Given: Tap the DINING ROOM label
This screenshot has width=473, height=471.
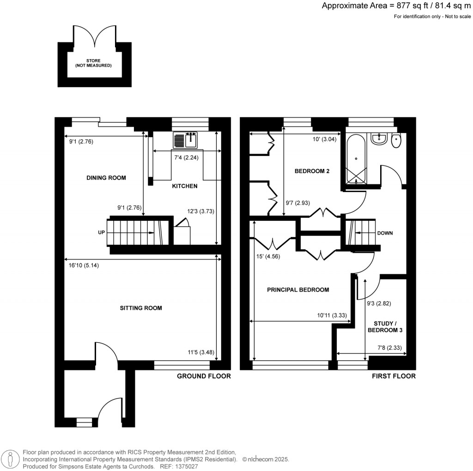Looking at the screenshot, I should pyautogui.click(x=106, y=178).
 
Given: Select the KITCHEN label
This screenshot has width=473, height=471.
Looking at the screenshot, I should pyautogui.click(x=185, y=186).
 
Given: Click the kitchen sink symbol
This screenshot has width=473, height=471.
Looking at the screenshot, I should pyautogui.click(x=186, y=140).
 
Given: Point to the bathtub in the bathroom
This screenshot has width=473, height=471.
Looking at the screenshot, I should pyautogui.click(x=356, y=159).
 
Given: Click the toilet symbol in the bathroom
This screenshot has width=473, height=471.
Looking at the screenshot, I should pyautogui.click(x=396, y=141).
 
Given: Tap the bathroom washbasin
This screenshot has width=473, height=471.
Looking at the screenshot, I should pyautogui.click(x=379, y=139).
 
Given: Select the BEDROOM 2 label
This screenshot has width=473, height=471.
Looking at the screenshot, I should pyautogui.click(x=312, y=171).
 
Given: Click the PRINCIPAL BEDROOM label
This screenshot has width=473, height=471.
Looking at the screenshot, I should pyautogui.click(x=298, y=290).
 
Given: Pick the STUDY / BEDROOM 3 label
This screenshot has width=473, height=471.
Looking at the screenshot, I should pyautogui.click(x=385, y=327).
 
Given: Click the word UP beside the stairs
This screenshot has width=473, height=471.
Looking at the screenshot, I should pyautogui.click(x=102, y=233).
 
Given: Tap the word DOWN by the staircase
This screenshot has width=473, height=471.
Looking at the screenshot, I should pyautogui.click(x=385, y=233).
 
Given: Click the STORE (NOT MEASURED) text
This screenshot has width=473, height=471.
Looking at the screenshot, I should pyautogui.click(x=93, y=63).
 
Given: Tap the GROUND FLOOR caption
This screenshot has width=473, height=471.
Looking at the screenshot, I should pyautogui.click(x=204, y=376).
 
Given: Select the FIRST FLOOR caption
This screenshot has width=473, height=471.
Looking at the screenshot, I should pyautogui.click(x=394, y=376).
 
